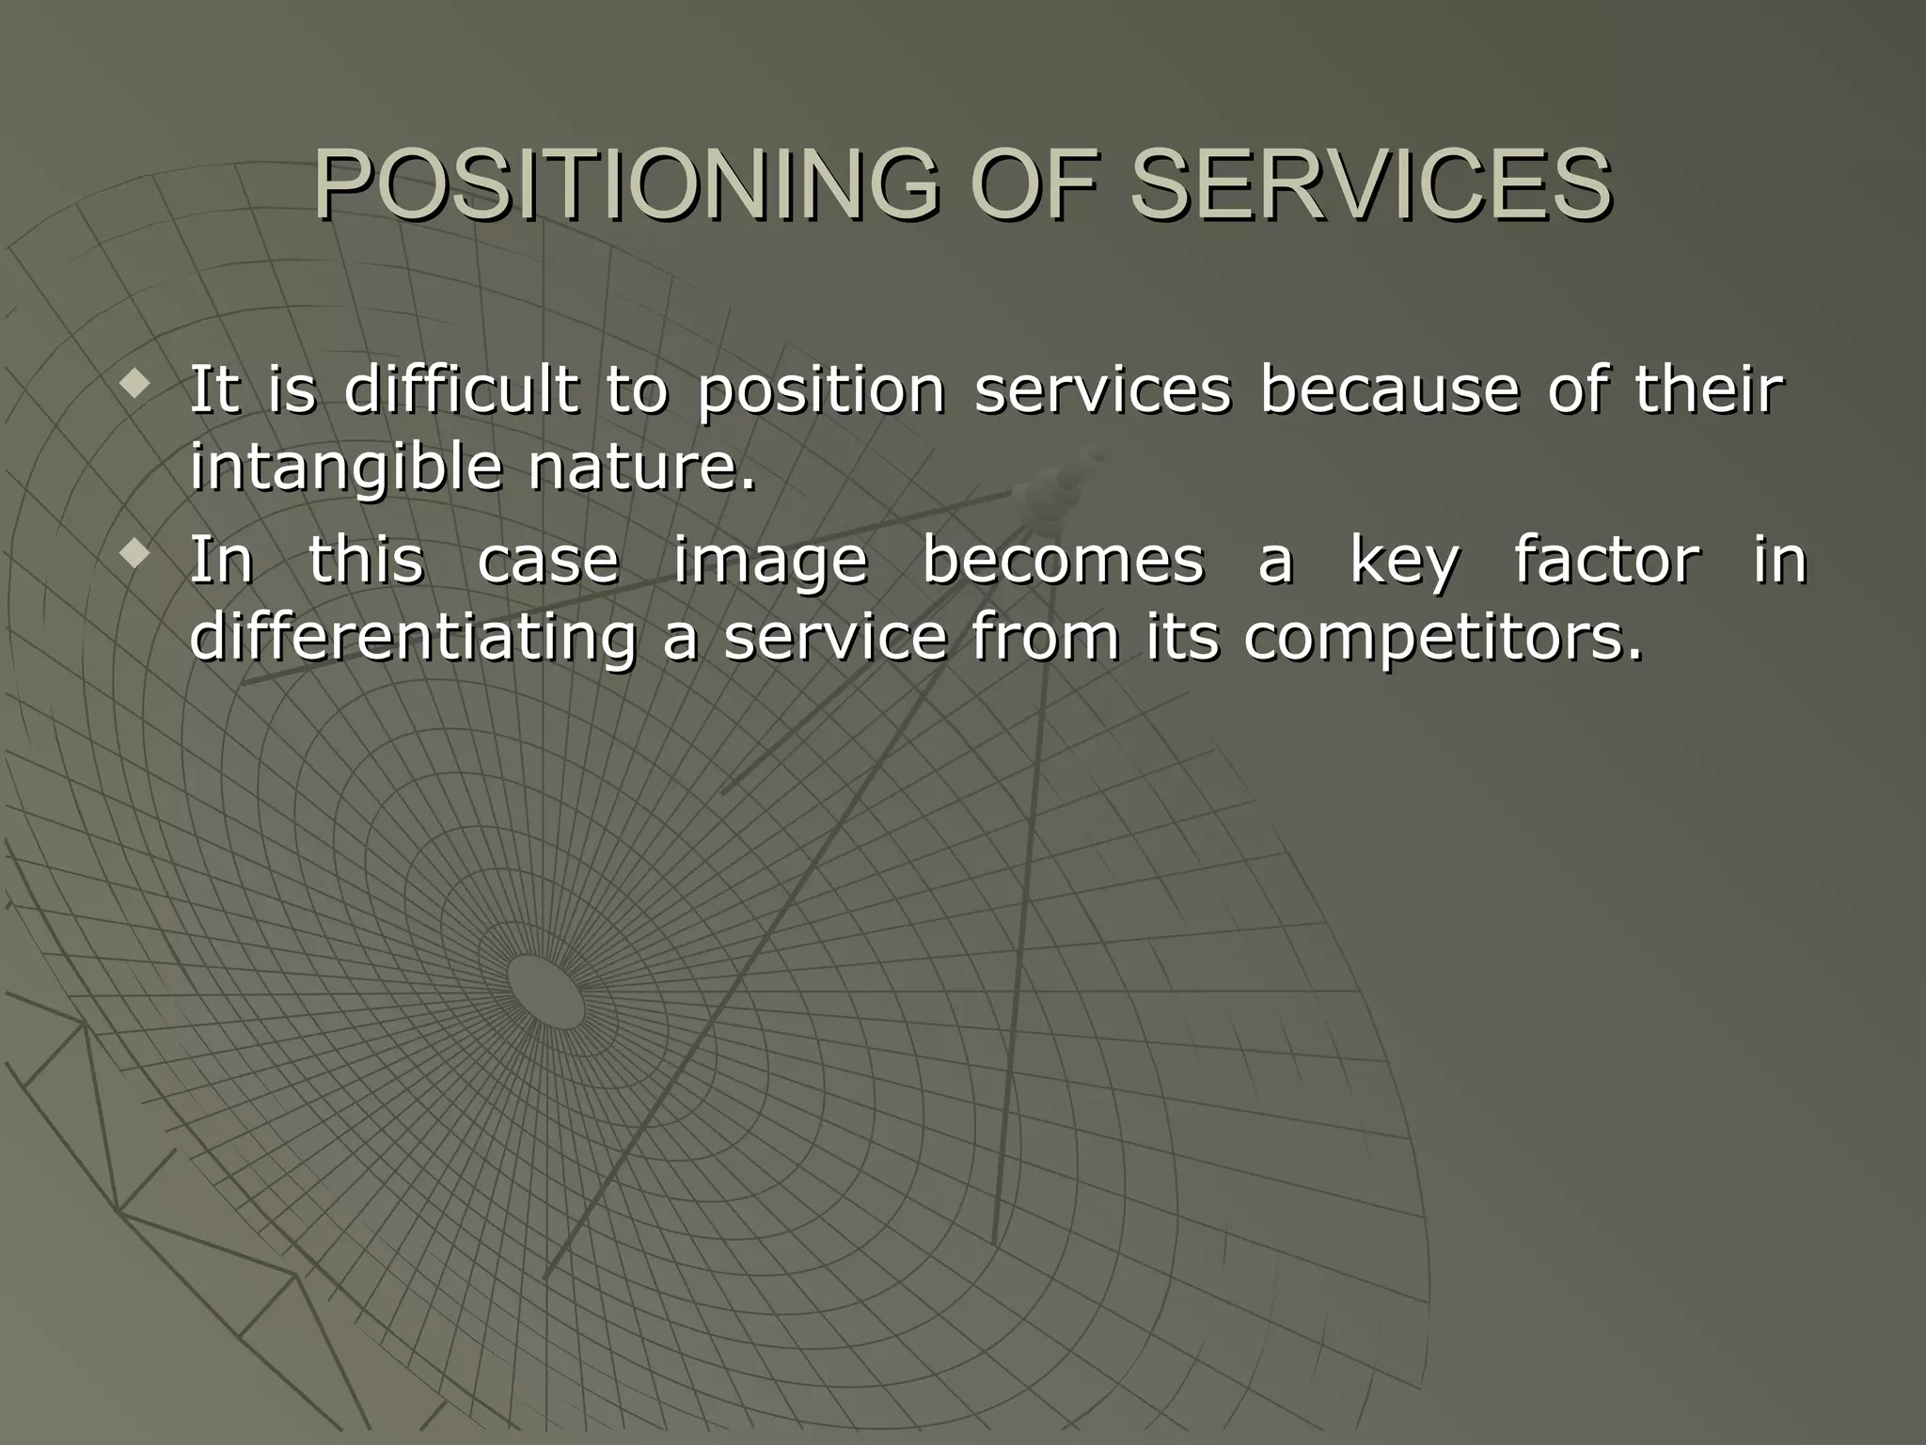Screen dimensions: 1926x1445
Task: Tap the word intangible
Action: (x=345, y=468)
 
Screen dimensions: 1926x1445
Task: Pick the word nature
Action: (x=642, y=467)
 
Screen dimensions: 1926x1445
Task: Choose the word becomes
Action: (x=1062, y=560)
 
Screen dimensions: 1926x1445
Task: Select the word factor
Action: (x=1606, y=560)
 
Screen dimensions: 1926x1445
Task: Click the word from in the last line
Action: (x=1045, y=637)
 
